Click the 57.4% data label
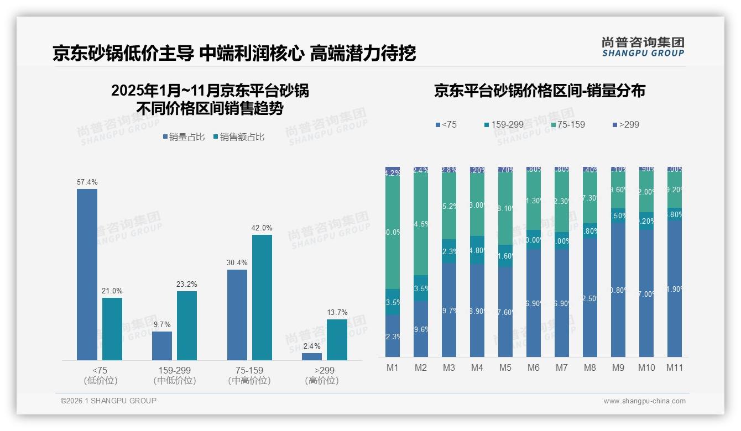coord(87,182)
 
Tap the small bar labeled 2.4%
coord(312,356)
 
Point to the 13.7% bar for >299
coord(337,340)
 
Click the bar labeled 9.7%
coord(162,346)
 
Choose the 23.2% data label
coord(187,284)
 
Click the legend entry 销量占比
coord(185,137)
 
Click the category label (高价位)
coord(321,381)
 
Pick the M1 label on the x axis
coord(392,367)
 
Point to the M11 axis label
coord(674,367)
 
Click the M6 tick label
coord(533,367)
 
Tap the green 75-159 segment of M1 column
coord(392,232)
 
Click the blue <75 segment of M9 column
coord(618,290)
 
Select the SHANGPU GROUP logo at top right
coord(643,47)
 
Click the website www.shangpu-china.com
coord(644,401)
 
